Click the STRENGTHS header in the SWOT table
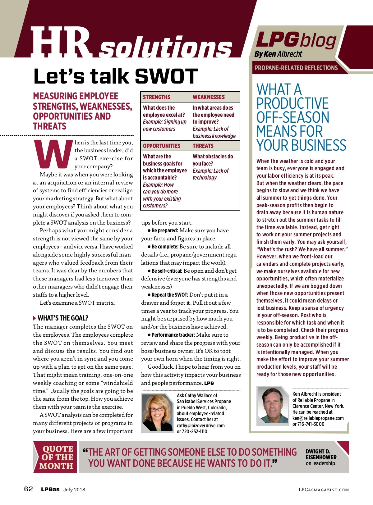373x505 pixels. (157, 97)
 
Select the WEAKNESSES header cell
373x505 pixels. (209, 97)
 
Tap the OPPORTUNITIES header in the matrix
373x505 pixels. (162, 146)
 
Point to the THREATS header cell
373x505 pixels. (203, 146)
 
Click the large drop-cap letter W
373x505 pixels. (53, 154)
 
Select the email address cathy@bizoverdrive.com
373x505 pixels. (200, 425)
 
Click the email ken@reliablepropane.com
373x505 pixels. (318, 418)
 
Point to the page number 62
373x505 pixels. (28, 489)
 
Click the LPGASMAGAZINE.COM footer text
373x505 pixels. (324, 490)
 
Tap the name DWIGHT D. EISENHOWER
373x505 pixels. (321, 454)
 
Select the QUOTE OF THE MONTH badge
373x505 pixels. (56, 457)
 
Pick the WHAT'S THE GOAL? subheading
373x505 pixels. (63, 318)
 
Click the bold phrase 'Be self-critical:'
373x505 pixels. (167, 271)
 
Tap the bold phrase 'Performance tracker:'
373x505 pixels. (173, 335)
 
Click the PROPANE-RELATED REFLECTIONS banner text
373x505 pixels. (296, 68)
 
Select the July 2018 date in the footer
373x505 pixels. (74, 490)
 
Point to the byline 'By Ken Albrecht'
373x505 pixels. (278, 54)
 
